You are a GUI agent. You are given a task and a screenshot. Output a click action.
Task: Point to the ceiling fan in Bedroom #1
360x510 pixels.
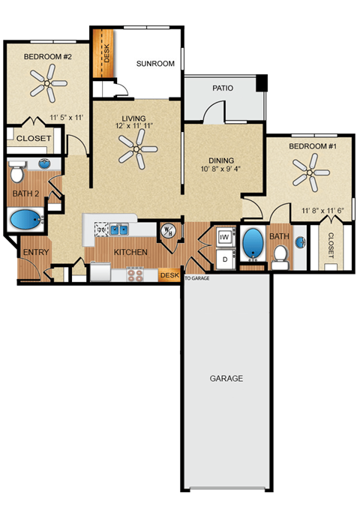309,177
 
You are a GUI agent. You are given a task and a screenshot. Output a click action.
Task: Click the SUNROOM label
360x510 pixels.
155,64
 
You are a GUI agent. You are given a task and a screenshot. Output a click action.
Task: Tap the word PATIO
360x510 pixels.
223,88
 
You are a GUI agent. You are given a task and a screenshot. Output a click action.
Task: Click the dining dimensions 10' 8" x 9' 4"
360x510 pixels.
222,169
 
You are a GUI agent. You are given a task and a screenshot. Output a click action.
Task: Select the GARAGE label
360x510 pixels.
226,379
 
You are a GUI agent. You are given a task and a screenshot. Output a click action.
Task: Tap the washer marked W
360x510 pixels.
223,237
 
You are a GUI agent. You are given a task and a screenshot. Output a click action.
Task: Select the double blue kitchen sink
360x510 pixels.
119,229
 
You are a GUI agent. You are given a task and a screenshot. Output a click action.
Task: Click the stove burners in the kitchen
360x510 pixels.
136,274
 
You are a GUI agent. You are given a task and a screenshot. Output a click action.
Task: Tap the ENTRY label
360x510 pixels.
36,253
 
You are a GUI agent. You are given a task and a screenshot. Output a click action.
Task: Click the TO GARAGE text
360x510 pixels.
196,277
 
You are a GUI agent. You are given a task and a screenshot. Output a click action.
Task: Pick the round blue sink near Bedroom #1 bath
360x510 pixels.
301,242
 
